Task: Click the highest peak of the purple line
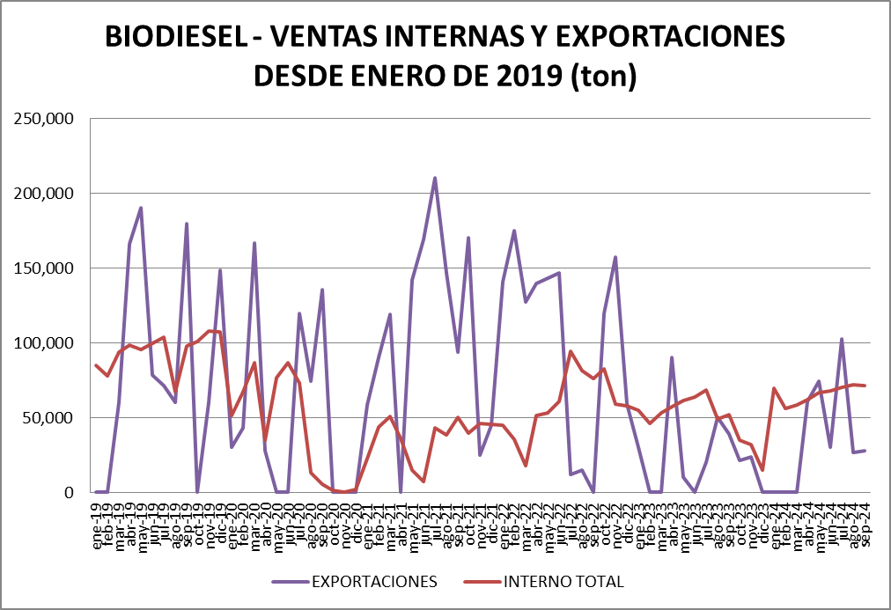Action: click(x=435, y=178)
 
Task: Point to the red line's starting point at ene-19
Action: click(x=96, y=365)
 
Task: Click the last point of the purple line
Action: click(x=865, y=451)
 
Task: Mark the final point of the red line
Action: click(x=865, y=386)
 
